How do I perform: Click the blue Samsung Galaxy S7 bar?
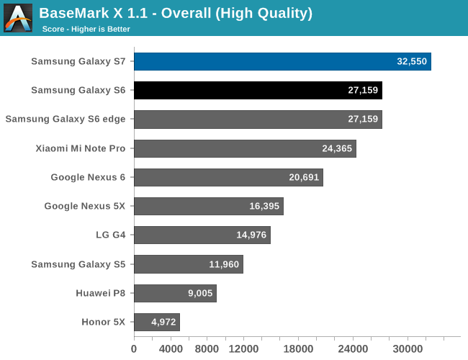282,61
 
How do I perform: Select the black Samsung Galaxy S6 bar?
258,90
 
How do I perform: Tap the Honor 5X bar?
156,322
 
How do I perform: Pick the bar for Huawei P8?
175,293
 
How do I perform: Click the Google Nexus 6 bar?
228,177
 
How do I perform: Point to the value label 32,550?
412,61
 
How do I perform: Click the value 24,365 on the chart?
338,148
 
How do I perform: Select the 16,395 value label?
264,206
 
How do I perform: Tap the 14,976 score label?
251,235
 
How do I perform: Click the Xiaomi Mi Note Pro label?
81,148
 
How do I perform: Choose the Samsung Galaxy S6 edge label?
66,120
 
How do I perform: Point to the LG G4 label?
110,235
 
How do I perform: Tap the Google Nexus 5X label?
85,206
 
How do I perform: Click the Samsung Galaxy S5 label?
78,264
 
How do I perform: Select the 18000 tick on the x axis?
298,348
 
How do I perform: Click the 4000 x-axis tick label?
171,348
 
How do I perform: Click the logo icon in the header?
18,18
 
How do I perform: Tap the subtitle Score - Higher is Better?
86,29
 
